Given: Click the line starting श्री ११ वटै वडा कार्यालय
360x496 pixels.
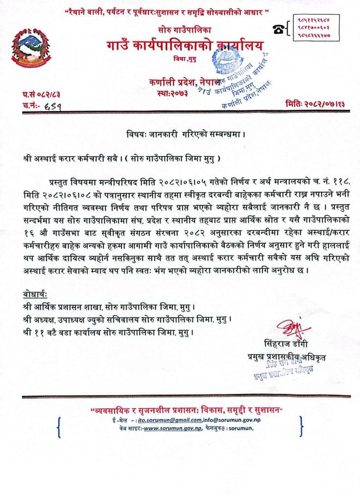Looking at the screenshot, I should [x=103, y=331].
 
